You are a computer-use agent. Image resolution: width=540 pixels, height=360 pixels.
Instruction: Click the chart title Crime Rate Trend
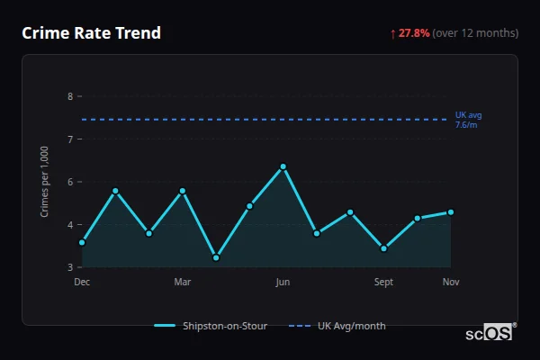coord(91,33)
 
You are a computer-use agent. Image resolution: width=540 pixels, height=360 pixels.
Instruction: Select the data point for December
coord(82,242)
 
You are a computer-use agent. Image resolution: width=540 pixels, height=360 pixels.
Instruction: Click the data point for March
coord(183,191)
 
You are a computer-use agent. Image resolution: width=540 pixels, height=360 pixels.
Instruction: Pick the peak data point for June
coord(283,166)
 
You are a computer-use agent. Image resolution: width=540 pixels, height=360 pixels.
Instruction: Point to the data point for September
coord(384,248)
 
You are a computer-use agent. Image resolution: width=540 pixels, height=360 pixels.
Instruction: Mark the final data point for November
coord(451,212)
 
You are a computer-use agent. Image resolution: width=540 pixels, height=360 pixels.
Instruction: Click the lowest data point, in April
coord(216,257)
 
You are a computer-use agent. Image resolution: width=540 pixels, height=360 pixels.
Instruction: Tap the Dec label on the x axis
coord(82,283)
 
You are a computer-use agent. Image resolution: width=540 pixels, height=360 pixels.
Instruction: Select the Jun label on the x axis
coord(283,283)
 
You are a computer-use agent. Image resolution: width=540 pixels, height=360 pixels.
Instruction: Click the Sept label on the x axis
coord(383,283)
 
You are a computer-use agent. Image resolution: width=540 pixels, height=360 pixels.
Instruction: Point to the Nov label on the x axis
coord(451,283)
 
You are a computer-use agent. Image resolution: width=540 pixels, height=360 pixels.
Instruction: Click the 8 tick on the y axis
coord(70,96)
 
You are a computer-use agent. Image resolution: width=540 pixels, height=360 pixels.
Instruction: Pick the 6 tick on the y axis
coord(70,182)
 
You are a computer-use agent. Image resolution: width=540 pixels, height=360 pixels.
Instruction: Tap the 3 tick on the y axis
coord(70,267)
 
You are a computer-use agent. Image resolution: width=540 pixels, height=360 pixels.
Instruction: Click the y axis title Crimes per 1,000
coord(45,182)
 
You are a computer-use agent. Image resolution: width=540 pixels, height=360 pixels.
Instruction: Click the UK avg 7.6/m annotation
coord(467,120)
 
